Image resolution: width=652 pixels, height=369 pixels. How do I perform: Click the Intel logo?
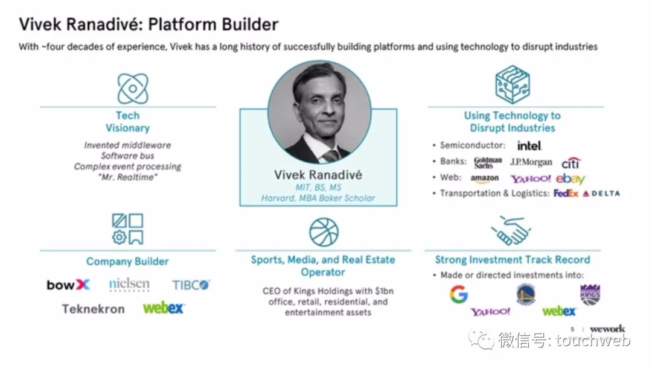(529, 145)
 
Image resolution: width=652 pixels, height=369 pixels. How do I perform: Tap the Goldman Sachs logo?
(488, 162)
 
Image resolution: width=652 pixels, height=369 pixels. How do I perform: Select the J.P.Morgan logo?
(531, 162)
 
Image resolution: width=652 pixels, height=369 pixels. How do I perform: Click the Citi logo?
(570, 163)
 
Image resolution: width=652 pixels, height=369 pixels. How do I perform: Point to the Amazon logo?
(485, 178)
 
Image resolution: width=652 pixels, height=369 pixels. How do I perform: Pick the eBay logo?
(570, 178)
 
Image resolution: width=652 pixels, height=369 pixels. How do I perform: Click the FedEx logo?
(566, 194)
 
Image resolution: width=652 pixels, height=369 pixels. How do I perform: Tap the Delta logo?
(601, 194)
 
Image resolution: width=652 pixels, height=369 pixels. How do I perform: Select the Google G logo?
(459, 294)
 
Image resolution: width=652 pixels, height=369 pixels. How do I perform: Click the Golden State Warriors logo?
(525, 294)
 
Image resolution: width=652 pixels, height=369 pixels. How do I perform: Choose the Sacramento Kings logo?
(590, 294)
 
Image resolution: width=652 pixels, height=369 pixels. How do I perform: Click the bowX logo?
(68, 285)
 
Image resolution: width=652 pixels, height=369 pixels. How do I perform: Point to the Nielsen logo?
(129, 284)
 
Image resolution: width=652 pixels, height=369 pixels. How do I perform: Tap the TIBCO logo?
(191, 285)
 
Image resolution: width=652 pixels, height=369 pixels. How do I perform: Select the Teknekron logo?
(93, 309)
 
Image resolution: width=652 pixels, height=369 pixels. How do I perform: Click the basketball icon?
(324, 232)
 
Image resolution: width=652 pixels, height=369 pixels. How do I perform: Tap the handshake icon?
(511, 231)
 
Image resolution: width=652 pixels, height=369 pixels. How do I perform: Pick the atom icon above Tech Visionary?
(132, 88)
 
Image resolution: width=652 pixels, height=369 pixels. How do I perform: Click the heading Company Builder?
(127, 262)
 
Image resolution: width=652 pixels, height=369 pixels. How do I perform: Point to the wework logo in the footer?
(607, 329)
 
